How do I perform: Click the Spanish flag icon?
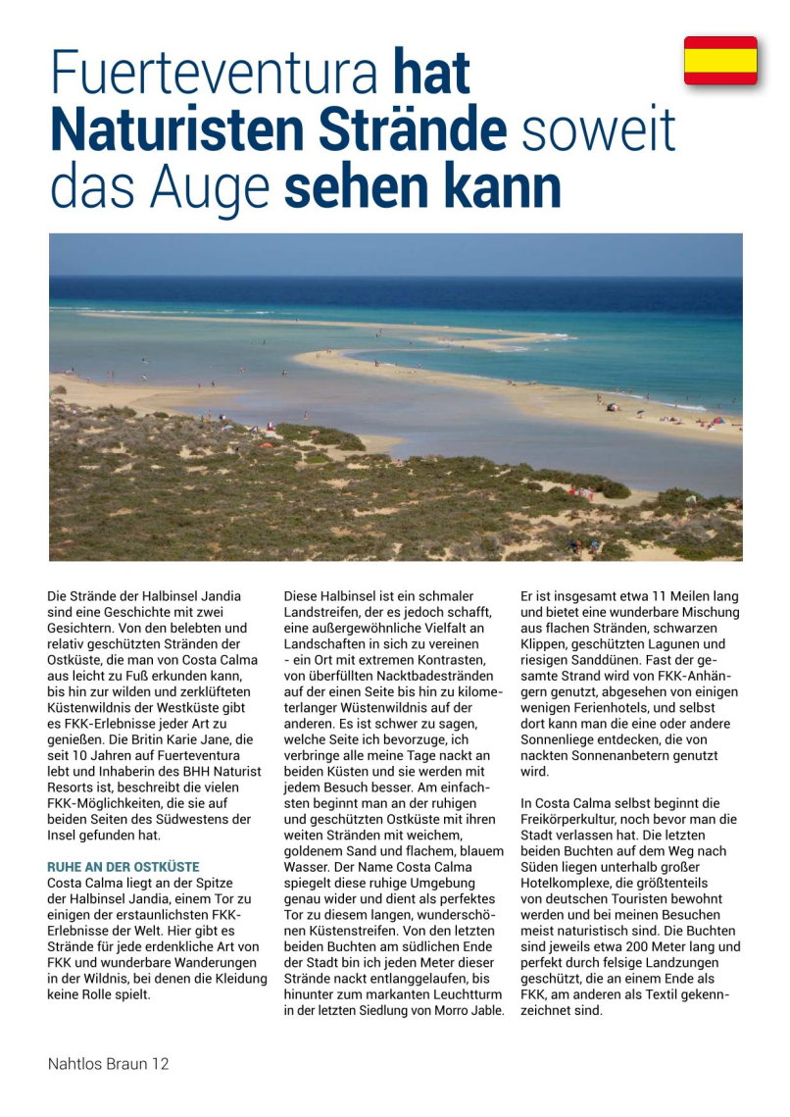720,61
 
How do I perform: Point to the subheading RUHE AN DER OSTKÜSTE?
123,867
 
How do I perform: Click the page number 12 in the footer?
160,1063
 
